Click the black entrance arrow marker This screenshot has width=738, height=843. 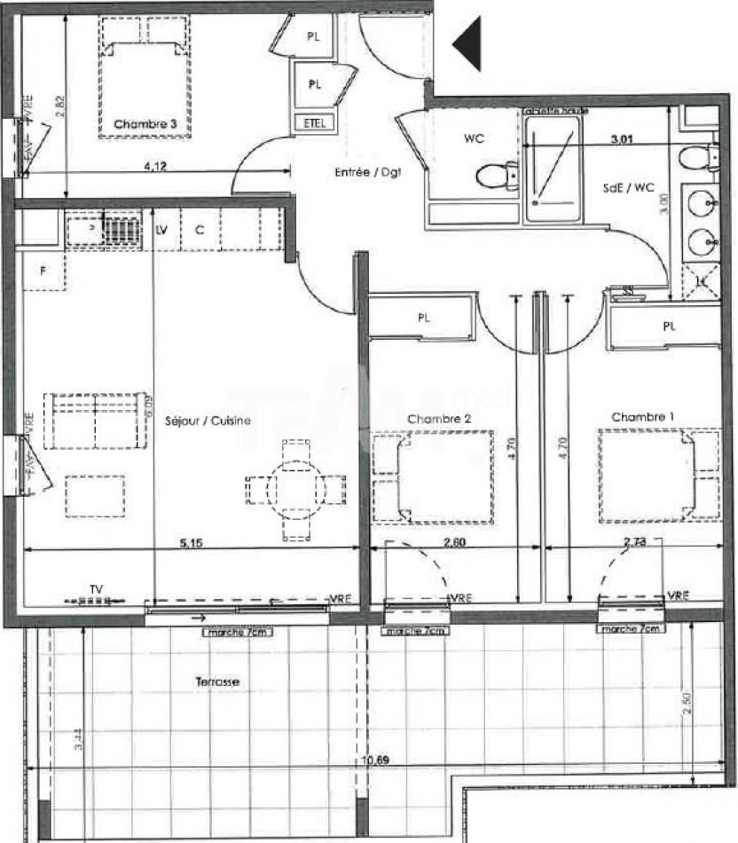tap(468, 43)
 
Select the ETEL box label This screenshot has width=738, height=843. tap(314, 122)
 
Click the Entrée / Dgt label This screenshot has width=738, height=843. tap(368, 174)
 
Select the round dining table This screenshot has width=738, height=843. tap(295, 489)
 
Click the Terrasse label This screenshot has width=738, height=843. tap(217, 681)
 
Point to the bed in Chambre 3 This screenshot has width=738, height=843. tap(145, 80)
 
